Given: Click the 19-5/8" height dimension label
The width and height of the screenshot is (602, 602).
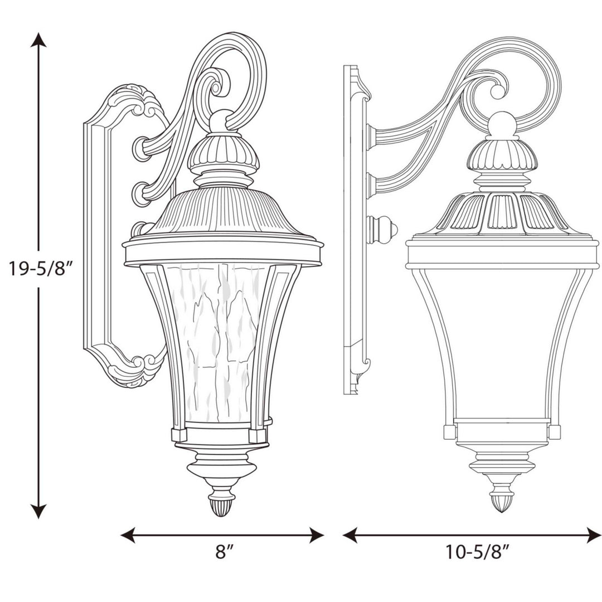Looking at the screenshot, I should (38, 269).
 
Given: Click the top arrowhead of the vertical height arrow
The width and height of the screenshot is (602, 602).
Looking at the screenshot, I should (38, 39).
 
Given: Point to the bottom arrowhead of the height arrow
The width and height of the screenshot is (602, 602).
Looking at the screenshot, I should (38, 512).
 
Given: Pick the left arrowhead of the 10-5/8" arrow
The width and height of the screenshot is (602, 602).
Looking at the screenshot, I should (349, 535).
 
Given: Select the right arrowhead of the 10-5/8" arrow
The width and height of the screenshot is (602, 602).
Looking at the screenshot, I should (594, 535).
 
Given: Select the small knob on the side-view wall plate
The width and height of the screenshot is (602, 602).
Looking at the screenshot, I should (385, 229).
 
